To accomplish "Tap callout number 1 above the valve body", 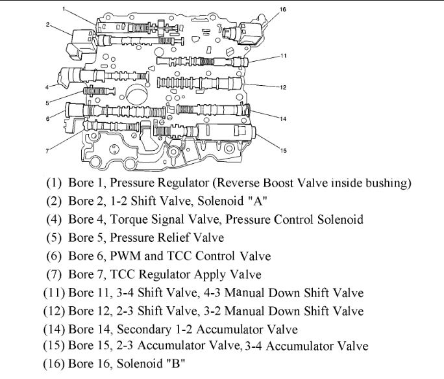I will point(65,8).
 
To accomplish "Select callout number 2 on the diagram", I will point(47,25).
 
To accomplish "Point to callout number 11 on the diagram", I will point(284,56).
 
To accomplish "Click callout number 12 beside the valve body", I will point(284,86).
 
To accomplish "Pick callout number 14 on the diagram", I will point(283,118).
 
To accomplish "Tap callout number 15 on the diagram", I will point(283,151).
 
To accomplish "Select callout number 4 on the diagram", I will point(47,86).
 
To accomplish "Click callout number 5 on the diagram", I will point(47,102).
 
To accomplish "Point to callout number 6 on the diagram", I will point(47,118).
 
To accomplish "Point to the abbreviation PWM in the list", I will point(132,256).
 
